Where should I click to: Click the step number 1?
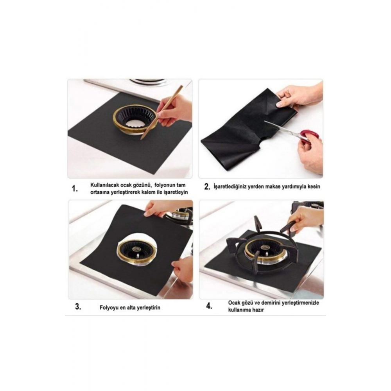tap(75, 189)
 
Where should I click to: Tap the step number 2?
tap(207, 187)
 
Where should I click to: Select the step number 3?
tap(78, 307)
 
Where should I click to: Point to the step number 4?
tap(209, 306)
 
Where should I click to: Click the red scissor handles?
tap(310, 136)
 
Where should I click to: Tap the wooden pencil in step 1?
tap(161, 113)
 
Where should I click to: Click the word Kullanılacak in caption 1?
tap(104, 185)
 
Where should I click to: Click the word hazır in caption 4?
tap(258, 310)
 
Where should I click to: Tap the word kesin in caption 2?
tap(314, 187)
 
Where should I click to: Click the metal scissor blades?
tap(282, 128)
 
